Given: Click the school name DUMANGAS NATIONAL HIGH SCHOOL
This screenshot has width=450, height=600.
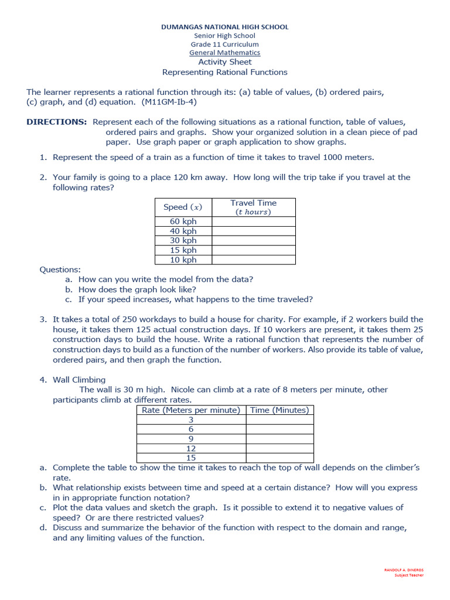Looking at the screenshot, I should [225, 27].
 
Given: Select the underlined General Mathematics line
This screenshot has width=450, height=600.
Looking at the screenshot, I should [225, 53].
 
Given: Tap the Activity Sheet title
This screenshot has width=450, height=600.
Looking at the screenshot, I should [225, 62].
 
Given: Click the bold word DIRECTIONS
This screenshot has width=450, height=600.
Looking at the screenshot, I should [56, 122].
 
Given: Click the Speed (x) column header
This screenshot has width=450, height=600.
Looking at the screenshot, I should [183, 207].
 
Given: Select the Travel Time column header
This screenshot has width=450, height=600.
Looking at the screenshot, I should [253, 207].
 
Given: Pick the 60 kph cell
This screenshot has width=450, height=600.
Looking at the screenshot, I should [183, 221].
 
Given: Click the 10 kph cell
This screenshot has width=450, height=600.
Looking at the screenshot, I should [183, 260].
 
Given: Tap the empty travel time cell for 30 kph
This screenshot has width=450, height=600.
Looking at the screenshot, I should [253, 240].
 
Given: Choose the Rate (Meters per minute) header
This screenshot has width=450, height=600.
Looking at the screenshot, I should [191, 410].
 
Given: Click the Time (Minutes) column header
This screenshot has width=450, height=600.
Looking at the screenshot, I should [279, 410].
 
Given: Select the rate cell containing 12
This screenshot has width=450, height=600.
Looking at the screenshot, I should [191, 448].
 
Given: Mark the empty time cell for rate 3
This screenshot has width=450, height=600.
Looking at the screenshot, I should [279, 420].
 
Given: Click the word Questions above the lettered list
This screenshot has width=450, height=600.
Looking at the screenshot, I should [60, 270].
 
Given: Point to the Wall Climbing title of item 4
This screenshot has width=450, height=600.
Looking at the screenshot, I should [79, 380].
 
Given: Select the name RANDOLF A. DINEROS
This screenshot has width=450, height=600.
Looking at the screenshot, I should [404, 570].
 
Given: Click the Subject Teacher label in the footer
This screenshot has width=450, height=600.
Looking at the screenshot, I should [409, 575].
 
